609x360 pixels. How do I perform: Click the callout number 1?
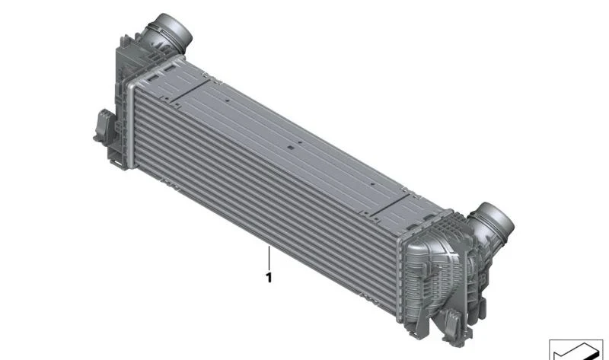269,278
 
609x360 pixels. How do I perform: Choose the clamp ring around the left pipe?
163,34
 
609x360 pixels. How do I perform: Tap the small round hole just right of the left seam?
228,100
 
